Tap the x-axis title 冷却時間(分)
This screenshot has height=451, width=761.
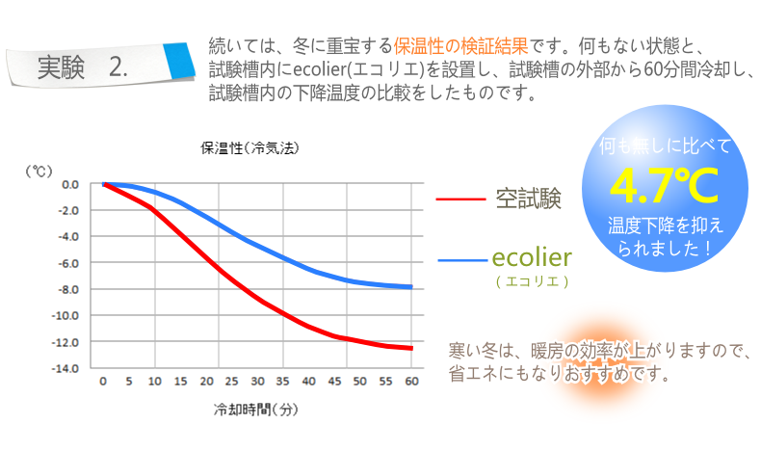click(257, 409)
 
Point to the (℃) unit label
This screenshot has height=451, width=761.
click(39, 170)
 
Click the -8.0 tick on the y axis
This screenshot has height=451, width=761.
click(68, 289)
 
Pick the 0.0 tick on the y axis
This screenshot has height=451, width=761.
click(70, 184)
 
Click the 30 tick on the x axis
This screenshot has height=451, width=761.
click(258, 382)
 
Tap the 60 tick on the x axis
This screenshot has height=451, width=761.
click(411, 382)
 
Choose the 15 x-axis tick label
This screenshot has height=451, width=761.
click(181, 382)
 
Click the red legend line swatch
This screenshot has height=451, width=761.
click(459, 199)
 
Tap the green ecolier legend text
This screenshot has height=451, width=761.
click(532, 257)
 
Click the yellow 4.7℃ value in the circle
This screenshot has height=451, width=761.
click(665, 185)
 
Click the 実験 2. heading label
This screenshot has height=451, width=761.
click(82, 66)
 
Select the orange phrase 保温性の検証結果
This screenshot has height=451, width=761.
click(459, 45)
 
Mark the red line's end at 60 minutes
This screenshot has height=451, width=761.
click(411, 348)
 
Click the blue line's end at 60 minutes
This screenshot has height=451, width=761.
click(411, 286)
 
